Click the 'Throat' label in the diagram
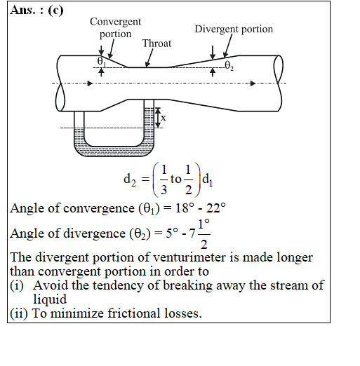[156, 43]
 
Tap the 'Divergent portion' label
[234, 29]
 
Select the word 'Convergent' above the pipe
[116, 22]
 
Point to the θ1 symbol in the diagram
[101, 61]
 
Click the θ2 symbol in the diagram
[229, 66]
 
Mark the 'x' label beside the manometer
[164, 118]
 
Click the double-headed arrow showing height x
[158, 118]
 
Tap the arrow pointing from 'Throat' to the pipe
[149, 57]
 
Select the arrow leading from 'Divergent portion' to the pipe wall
[228, 46]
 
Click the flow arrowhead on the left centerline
[90, 83]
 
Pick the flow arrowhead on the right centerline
[253, 83]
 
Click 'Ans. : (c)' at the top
[36, 11]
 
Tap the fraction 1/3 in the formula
[164, 179]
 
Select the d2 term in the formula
[130, 180]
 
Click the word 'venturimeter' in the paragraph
[189, 257]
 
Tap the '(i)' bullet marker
[17, 285]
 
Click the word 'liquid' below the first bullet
[50, 299]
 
